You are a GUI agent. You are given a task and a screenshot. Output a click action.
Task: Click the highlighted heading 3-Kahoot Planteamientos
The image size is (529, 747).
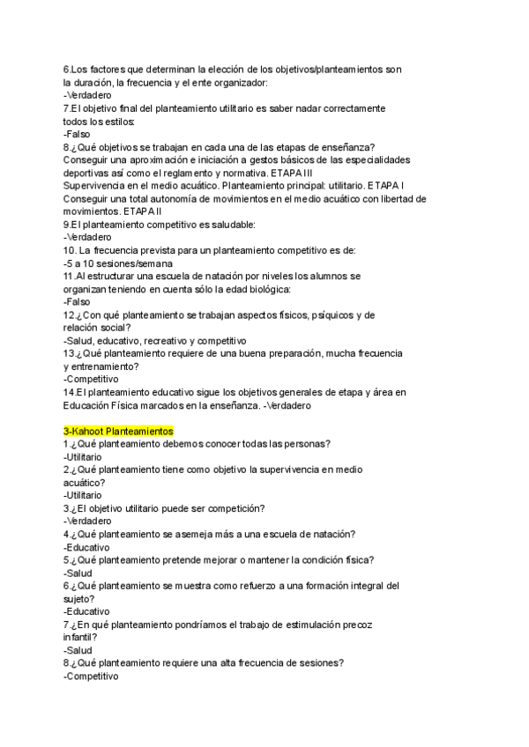point(119,431)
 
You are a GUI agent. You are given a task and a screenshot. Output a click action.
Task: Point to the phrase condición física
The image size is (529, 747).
point(334,558)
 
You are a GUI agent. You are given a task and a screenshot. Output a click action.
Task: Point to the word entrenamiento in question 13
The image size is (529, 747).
point(104,366)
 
